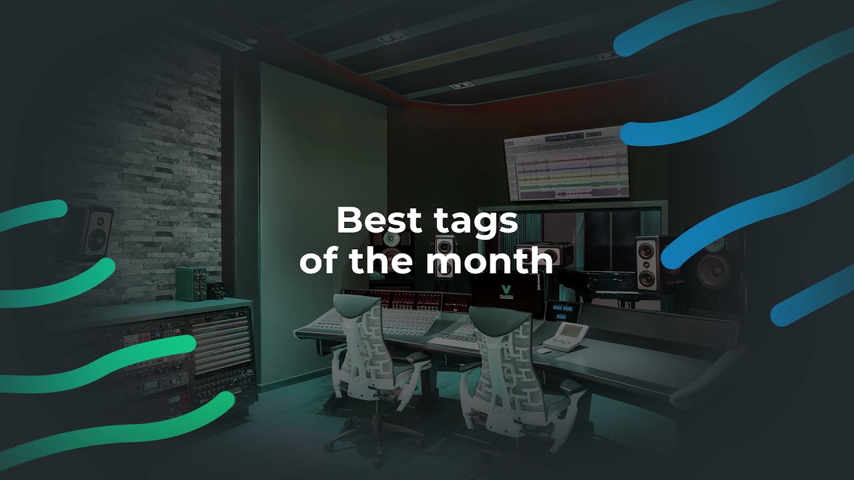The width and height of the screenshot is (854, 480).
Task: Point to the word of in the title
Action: (320, 262)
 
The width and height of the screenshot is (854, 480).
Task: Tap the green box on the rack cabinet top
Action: (191, 283)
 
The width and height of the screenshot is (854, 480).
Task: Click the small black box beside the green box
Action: (216, 290)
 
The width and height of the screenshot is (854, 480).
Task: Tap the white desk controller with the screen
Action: (566, 336)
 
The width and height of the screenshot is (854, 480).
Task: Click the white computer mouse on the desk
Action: (545, 350)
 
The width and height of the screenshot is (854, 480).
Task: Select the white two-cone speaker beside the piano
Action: (647, 262)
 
